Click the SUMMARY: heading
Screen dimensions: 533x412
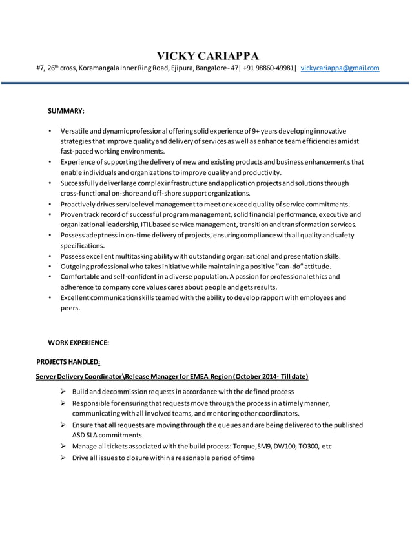click(x=67, y=111)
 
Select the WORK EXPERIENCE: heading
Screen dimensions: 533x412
click(x=78, y=343)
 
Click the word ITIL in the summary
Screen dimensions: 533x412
click(x=150, y=225)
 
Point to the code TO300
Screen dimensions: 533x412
click(x=309, y=446)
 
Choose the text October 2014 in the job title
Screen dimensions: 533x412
click(x=258, y=376)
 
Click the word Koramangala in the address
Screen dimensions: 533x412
click(x=101, y=68)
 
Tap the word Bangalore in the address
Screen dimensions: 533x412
click(x=194, y=68)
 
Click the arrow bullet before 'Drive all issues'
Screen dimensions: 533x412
click(x=63, y=458)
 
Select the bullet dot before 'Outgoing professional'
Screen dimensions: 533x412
click(x=50, y=266)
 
